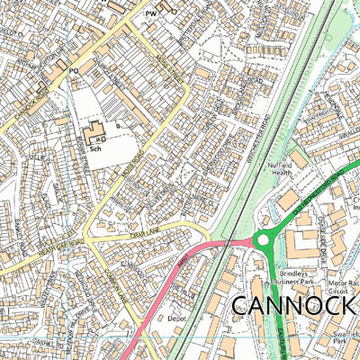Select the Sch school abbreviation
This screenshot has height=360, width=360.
pyautogui.click(x=94, y=151)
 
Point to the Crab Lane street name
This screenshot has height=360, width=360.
pyautogui.click(x=143, y=235)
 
